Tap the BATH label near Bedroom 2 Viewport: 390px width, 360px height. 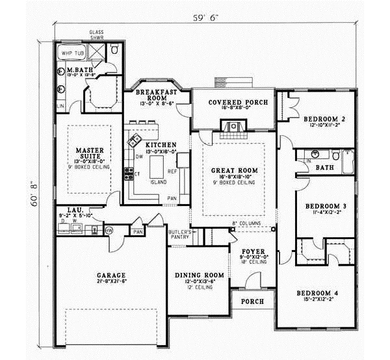pyautogui.click(x=324, y=167)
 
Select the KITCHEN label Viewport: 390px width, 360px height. pyautogui.click(x=161, y=144)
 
